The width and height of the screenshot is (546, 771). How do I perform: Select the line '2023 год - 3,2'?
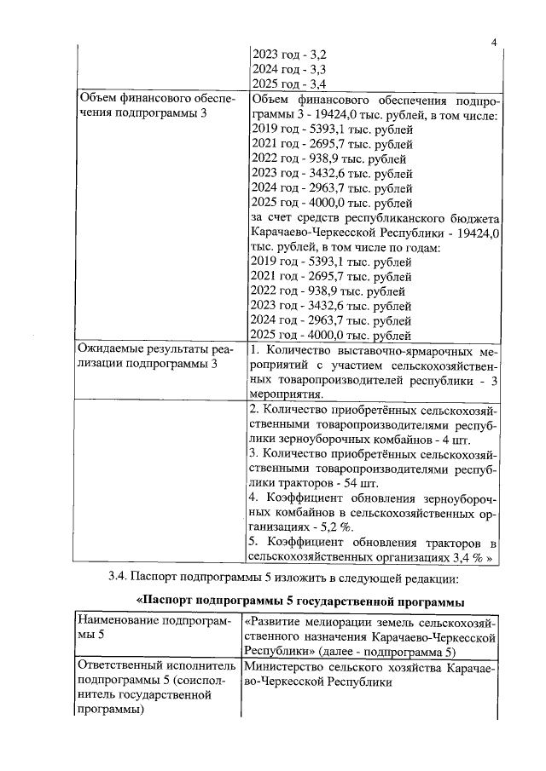point(290,53)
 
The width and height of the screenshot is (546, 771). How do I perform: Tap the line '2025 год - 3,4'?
point(290,83)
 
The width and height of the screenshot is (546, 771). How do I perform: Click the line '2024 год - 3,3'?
point(290,68)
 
